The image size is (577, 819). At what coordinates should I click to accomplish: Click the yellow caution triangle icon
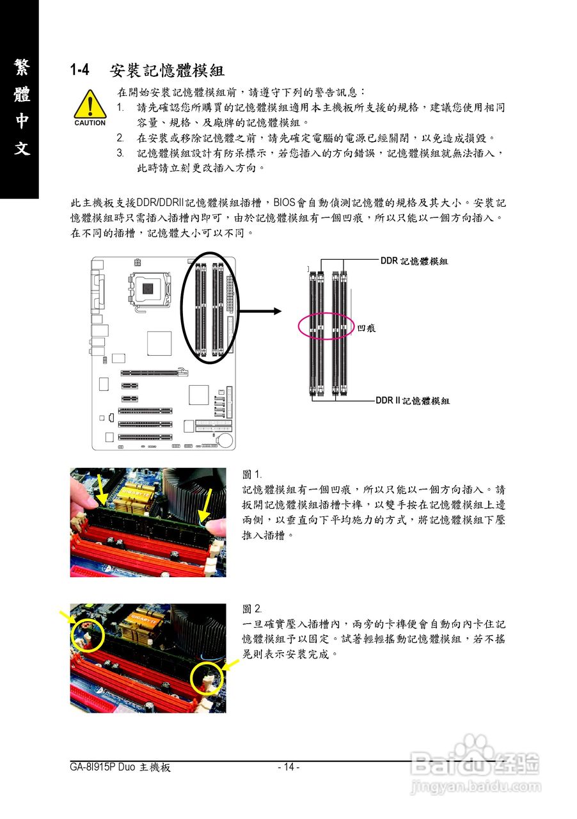click(x=90, y=104)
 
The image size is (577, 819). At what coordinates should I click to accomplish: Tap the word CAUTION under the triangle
click(x=90, y=123)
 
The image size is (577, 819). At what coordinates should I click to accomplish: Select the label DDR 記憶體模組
click(x=414, y=261)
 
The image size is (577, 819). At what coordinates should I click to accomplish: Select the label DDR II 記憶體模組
click(x=413, y=401)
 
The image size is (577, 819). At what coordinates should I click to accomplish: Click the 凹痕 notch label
click(x=366, y=328)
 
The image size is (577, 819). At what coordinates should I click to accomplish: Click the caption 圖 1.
click(x=252, y=475)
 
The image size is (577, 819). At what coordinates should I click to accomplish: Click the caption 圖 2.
click(x=252, y=608)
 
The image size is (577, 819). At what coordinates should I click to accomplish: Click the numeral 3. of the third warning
click(x=120, y=154)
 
